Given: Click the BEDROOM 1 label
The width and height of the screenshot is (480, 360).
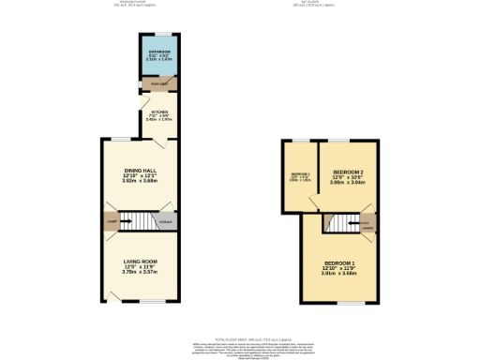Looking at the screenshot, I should click(339, 262).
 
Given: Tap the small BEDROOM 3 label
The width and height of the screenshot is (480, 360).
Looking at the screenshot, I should click(300, 174).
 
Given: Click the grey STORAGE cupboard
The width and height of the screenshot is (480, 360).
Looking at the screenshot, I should click(165, 221).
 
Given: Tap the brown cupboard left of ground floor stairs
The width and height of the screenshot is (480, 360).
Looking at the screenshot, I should click(112, 221).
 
